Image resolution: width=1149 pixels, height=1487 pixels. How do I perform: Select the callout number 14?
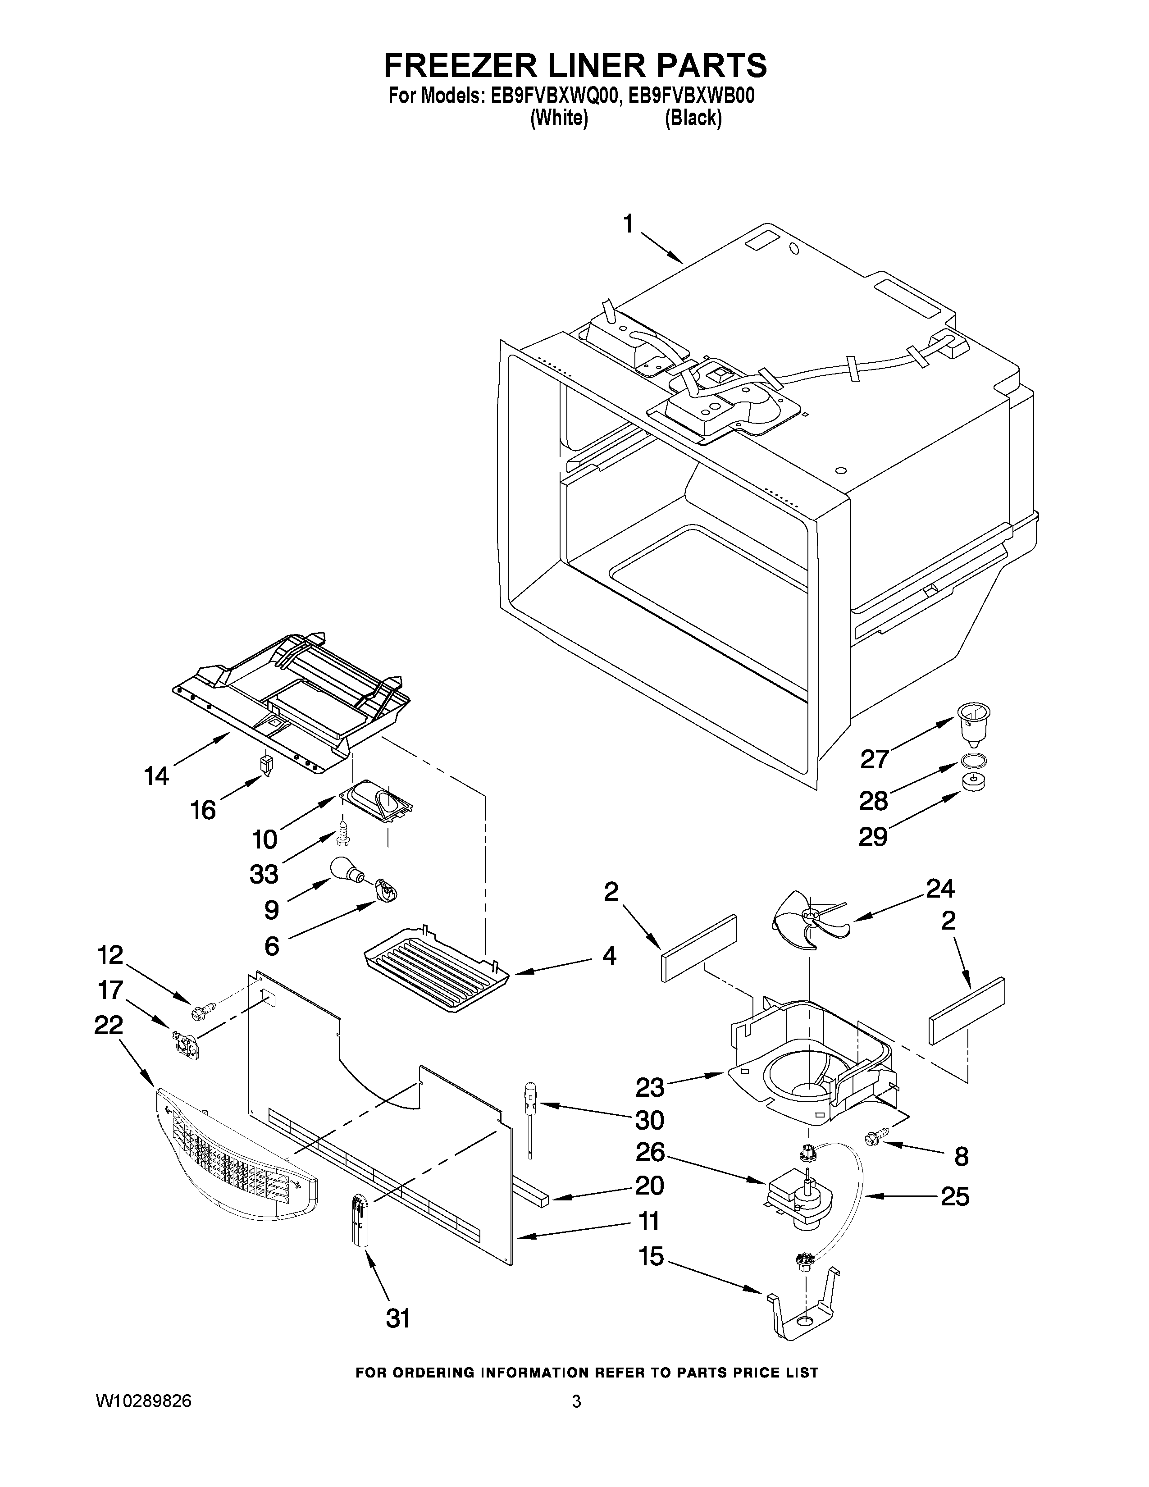(156, 775)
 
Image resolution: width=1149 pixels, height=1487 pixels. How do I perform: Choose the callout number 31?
(398, 1319)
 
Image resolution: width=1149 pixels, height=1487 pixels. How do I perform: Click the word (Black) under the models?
(693, 118)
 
